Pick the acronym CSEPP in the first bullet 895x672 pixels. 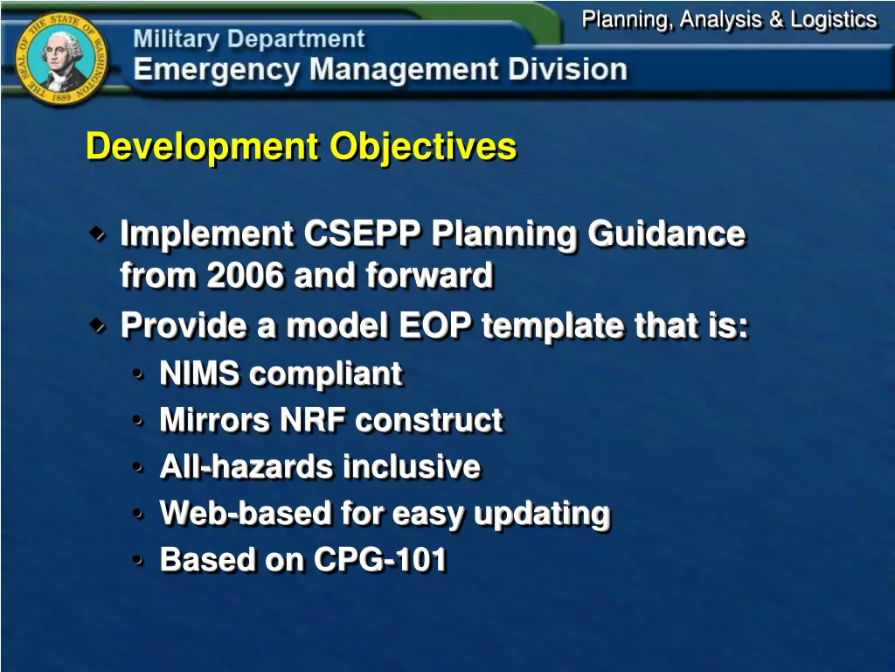pos(363,234)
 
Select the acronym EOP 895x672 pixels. pos(436,326)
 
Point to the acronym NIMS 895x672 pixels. pos(199,374)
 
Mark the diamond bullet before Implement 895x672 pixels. pos(98,234)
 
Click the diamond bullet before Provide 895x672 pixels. pos(98,325)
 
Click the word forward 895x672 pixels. pos(429,276)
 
